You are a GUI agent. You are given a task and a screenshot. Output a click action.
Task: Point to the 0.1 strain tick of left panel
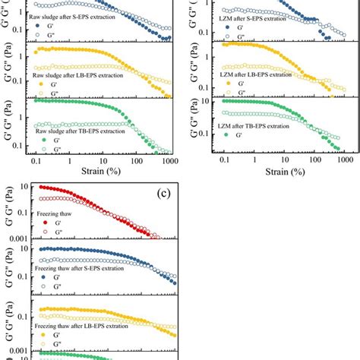coord(35,160)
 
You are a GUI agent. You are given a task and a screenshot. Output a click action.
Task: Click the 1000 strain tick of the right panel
coord(345,160)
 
